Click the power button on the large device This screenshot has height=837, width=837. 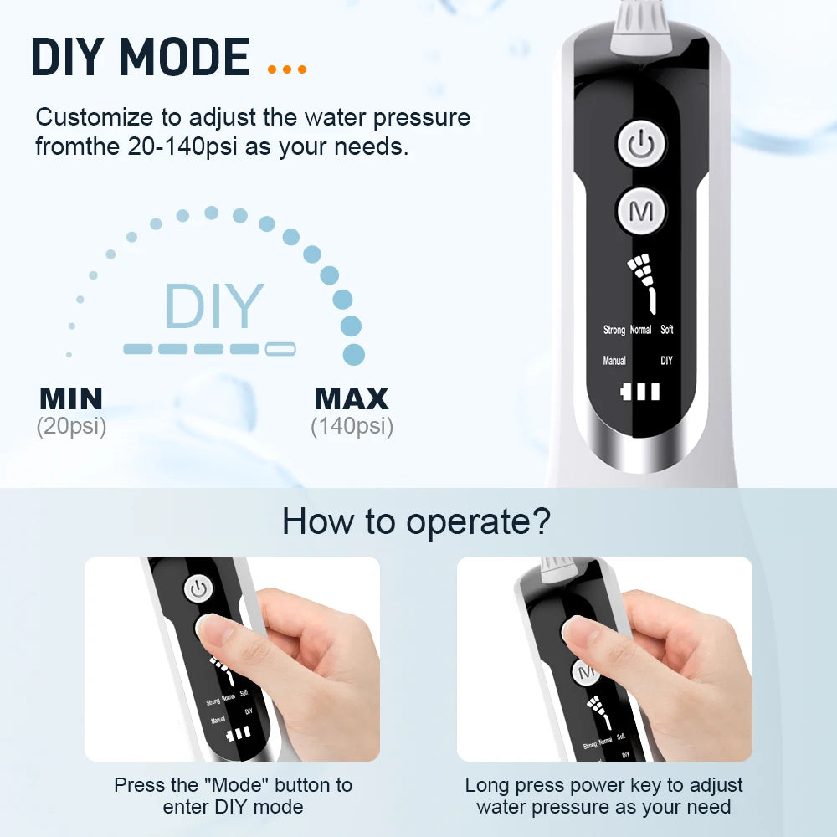[641, 145]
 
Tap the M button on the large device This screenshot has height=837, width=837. [641, 211]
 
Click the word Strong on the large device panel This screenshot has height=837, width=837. [614, 330]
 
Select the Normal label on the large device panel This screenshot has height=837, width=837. [640, 330]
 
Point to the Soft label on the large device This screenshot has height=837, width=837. [666, 330]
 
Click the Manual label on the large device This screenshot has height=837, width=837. [614, 361]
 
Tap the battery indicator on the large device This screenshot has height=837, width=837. [640, 391]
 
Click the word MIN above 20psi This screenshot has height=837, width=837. [71, 398]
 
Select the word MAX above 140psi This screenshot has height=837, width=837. [352, 398]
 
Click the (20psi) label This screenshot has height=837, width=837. [71, 426]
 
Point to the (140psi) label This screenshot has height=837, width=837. [352, 426]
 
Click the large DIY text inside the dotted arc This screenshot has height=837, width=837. [214, 306]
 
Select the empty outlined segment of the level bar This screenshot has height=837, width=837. [280, 349]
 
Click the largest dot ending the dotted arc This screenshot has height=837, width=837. [354, 354]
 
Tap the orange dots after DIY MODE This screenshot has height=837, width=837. [287, 69]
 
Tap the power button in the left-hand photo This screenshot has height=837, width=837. [198, 588]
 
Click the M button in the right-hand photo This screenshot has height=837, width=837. [586, 672]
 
